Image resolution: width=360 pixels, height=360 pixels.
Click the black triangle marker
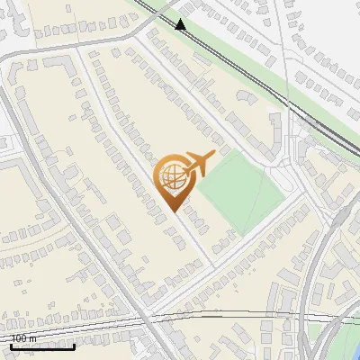click(181, 24)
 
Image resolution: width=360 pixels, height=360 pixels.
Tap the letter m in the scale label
click(33, 338)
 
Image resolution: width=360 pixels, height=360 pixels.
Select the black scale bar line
click(42, 346)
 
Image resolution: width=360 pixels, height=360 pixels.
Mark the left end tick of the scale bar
click(11, 345)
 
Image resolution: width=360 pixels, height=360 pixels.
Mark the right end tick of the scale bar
click(75, 345)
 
